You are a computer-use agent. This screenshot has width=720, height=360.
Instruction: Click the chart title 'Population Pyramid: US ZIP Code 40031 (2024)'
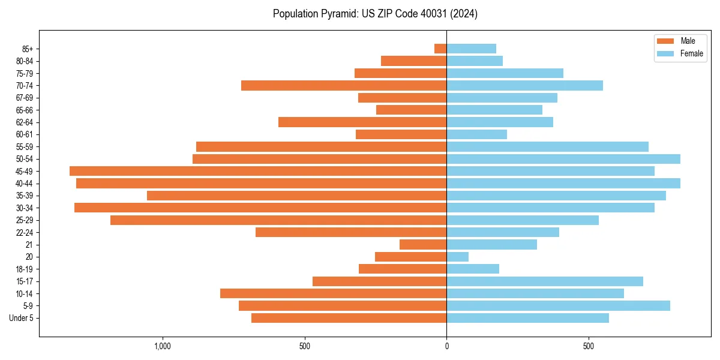click(x=375, y=14)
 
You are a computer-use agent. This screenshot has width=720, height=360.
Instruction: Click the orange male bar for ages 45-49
click(x=258, y=171)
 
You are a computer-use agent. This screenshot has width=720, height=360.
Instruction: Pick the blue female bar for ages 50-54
click(x=563, y=159)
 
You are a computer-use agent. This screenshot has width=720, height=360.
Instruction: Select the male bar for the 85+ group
click(x=440, y=49)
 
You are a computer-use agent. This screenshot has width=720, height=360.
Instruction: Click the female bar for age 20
click(x=457, y=257)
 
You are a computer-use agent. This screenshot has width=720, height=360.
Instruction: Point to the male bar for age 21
click(x=423, y=245)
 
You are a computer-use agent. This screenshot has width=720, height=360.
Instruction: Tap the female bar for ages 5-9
click(x=558, y=305)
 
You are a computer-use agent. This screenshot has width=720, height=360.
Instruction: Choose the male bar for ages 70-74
click(x=344, y=85)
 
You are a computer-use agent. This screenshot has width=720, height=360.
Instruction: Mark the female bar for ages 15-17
click(x=545, y=281)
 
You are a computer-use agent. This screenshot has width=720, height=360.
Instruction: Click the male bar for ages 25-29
click(x=278, y=220)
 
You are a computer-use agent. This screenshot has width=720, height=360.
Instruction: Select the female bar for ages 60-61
click(x=476, y=134)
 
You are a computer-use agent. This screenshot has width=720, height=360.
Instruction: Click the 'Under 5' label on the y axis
click(x=21, y=318)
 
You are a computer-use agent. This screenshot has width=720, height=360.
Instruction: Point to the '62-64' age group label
click(x=25, y=122)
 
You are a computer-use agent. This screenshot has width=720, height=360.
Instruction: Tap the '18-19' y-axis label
click(x=25, y=269)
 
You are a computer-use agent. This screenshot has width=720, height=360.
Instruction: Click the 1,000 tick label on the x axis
click(x=163, y=346)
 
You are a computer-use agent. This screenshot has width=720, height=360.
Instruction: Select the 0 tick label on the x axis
click(x=446, y=346)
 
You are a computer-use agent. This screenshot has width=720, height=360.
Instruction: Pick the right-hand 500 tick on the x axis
click(x=589, y=346)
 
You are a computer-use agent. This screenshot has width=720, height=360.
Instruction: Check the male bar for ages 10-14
click(x=333, y=293)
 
